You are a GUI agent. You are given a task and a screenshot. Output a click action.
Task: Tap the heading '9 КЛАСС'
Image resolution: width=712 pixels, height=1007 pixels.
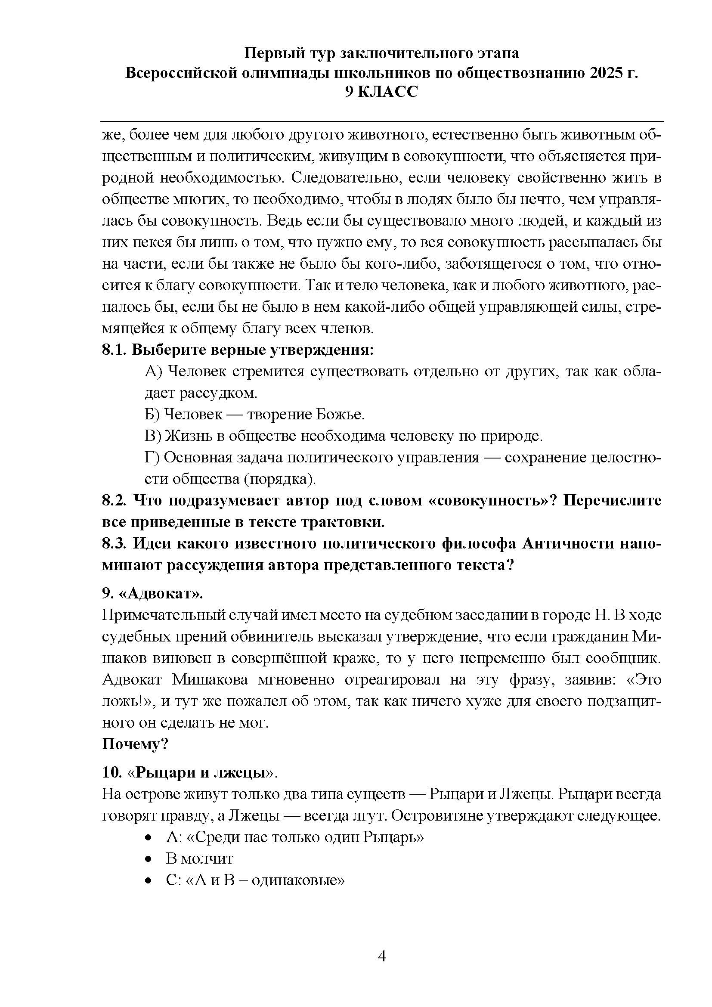(381, 92)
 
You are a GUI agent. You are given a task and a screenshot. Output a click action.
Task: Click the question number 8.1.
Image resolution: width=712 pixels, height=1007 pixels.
(114, 350)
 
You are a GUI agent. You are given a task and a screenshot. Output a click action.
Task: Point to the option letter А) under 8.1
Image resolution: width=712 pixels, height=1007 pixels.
(153, 372)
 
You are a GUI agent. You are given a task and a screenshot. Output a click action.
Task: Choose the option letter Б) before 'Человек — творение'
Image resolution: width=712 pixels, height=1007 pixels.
(153, 415)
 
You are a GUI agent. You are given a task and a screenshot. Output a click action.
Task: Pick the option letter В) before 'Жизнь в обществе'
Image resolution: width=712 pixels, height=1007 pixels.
(153, 436)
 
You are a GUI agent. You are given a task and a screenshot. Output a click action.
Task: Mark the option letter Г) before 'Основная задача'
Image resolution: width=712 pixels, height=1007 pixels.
(153, 458)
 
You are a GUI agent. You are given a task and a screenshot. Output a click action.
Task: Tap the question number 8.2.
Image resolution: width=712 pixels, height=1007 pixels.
(115, 500)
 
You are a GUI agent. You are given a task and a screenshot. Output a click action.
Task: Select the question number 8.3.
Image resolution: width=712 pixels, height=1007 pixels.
(115, 543)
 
